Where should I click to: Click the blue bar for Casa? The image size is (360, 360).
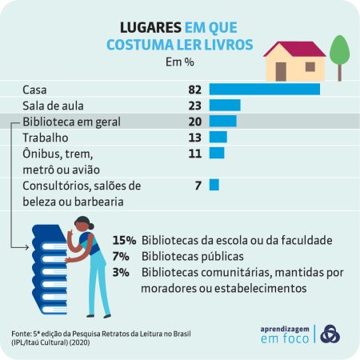[264, 89]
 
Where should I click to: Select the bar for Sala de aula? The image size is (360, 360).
[225, 105]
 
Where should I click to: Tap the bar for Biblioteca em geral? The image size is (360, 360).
[222, 121]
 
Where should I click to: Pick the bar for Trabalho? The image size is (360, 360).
[218, 137]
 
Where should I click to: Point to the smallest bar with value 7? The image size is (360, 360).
[214, 185]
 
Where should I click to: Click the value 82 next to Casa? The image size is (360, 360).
[192, 89]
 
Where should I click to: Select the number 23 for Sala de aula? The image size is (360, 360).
[192, 105]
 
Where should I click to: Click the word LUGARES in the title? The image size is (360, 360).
[152, 27]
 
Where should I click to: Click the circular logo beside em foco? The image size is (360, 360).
[329, 333]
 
